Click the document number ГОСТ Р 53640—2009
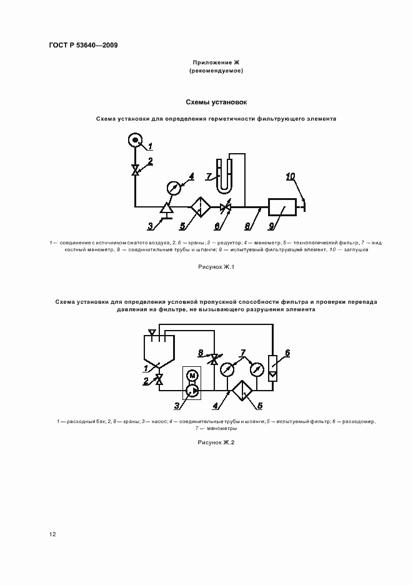83,46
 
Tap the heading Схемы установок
216,102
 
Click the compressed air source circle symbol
136,140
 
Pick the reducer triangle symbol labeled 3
166,209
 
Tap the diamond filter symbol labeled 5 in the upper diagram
201,207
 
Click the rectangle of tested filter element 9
283,206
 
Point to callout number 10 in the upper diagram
291,176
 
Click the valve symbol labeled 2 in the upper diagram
135,170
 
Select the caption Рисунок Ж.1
216,267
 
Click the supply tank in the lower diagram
159,349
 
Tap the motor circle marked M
192,375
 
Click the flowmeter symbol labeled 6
272,367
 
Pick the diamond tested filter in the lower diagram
242,391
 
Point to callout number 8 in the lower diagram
201,352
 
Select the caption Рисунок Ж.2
216,443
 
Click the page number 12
52,534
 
